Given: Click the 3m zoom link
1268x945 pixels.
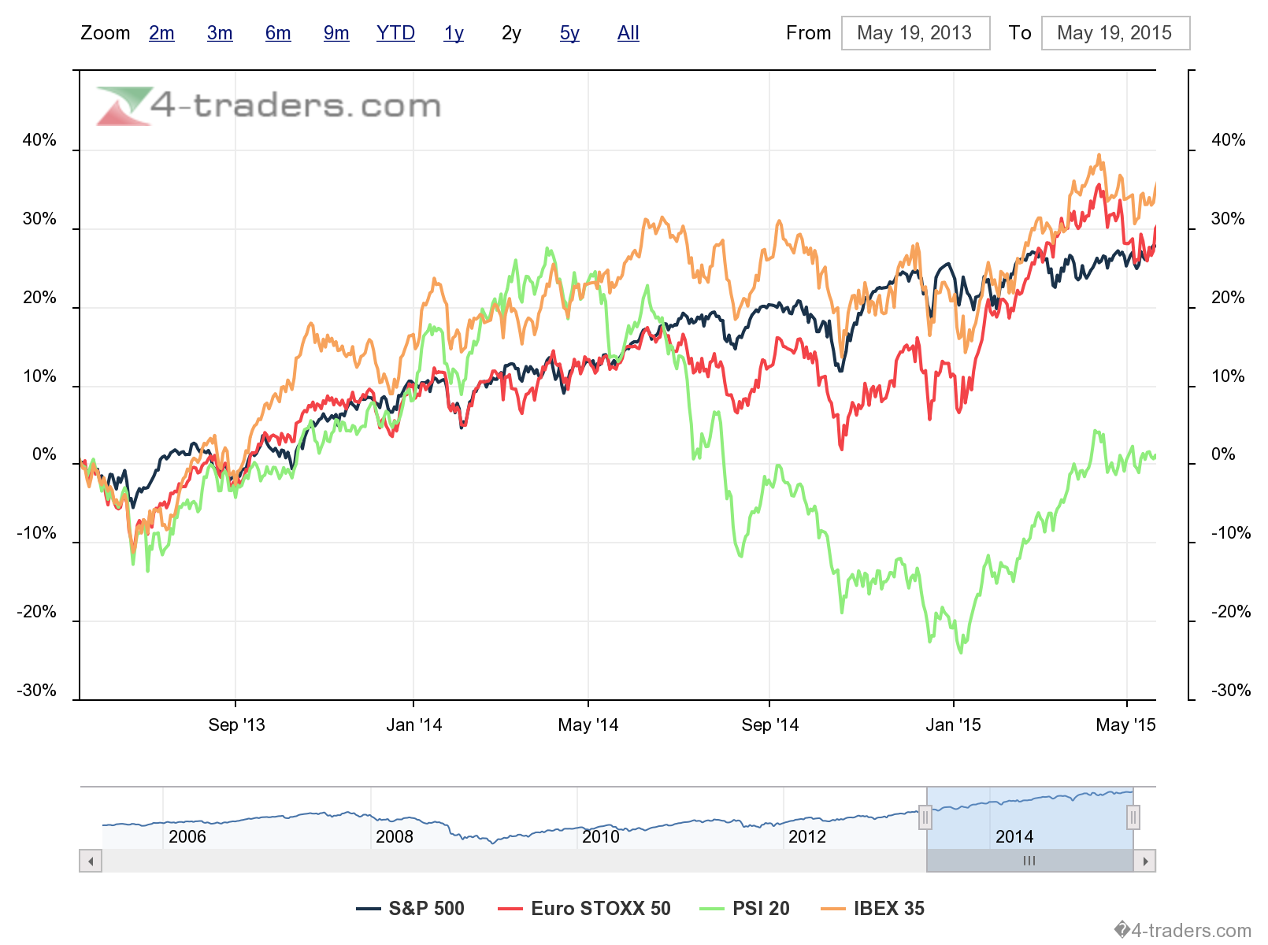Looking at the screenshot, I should [x=220, y=33].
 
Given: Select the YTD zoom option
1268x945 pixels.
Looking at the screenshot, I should [x=395, y=33].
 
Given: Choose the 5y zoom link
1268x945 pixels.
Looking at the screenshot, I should [x=569, y=33].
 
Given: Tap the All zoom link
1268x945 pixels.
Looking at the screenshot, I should [x=628, y=33].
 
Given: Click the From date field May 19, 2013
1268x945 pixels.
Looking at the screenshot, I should [x=915, y=33].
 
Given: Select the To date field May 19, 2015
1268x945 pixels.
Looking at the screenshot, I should [x=1114, y=33].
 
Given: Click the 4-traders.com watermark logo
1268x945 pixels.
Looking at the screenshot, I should [x=269, y=106].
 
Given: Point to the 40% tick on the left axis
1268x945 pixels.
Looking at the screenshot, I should [x=39, y=140].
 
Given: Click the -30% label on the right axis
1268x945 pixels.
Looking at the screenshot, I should [x=1231, y=691].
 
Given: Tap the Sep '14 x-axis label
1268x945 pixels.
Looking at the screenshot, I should [x=769, y=724].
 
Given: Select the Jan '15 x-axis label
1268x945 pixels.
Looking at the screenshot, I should [x=953, y=724].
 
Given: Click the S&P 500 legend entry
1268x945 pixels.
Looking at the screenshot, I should [x=411, y=908].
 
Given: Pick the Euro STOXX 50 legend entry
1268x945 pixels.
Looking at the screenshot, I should [x=584, y=908].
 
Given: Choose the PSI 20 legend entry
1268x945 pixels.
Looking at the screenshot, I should [x=745, y=908].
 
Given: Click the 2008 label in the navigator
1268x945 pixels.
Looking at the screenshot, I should [x=394, y=836].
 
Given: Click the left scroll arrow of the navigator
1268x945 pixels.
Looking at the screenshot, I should [x=91, y=861].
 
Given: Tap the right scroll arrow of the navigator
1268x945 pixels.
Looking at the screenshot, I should [x=1145, y=861].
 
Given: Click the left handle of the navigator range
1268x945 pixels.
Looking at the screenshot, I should [x=925, y=817].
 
